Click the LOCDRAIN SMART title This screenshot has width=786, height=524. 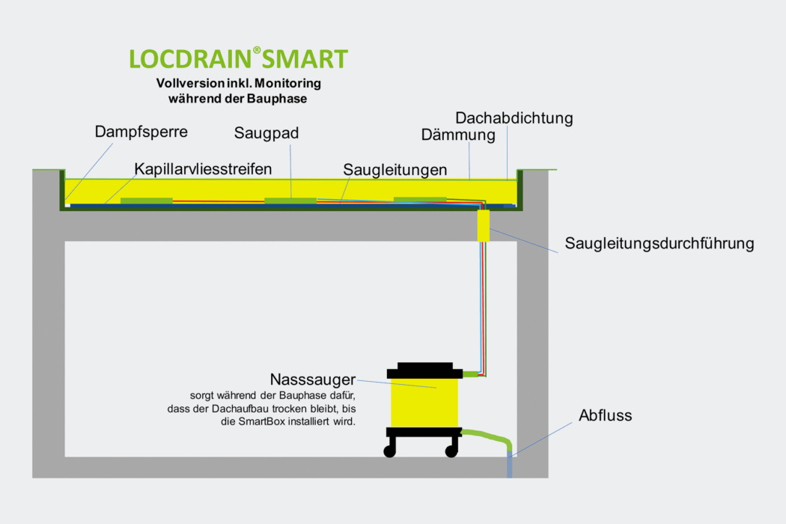[238, 59]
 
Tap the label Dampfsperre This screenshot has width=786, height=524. [141, 132]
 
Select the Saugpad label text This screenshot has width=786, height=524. [266, 133]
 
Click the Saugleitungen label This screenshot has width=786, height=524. [395, 170]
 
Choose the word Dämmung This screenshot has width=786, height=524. [458, 135]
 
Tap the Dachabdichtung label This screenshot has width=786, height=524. [514, 118]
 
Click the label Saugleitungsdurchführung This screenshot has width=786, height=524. [659, 243]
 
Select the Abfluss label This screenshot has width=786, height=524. [605, 415]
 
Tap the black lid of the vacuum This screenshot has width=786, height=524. [424, 370]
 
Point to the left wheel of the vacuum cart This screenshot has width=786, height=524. [390, 451]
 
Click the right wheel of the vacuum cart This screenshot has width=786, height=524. [451, 451]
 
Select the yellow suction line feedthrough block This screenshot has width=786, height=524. [483, 225]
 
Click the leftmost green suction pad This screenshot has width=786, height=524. [147, 201]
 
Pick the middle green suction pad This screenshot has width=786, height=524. [290, 201]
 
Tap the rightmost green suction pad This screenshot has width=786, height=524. [419, 200]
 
